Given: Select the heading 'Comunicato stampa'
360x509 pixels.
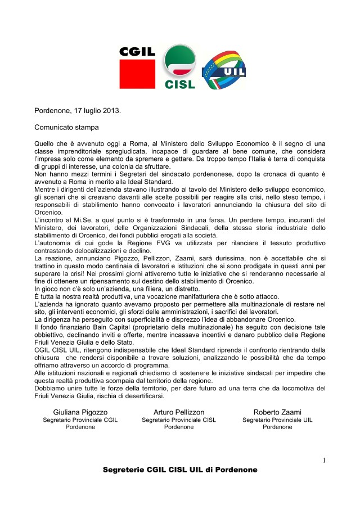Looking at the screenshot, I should click(x=66, y=128).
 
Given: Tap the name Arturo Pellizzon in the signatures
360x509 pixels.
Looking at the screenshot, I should click(x=179, y=412).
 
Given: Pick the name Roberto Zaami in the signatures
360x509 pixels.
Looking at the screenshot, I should click(x=277, y=412).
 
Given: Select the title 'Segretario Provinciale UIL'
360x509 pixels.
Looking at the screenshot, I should click(x=277, y=420).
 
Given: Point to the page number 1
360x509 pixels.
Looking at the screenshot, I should click(x=325, y=461).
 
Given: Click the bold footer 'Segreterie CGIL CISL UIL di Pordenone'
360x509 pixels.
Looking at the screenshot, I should click(x=180, y=470).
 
